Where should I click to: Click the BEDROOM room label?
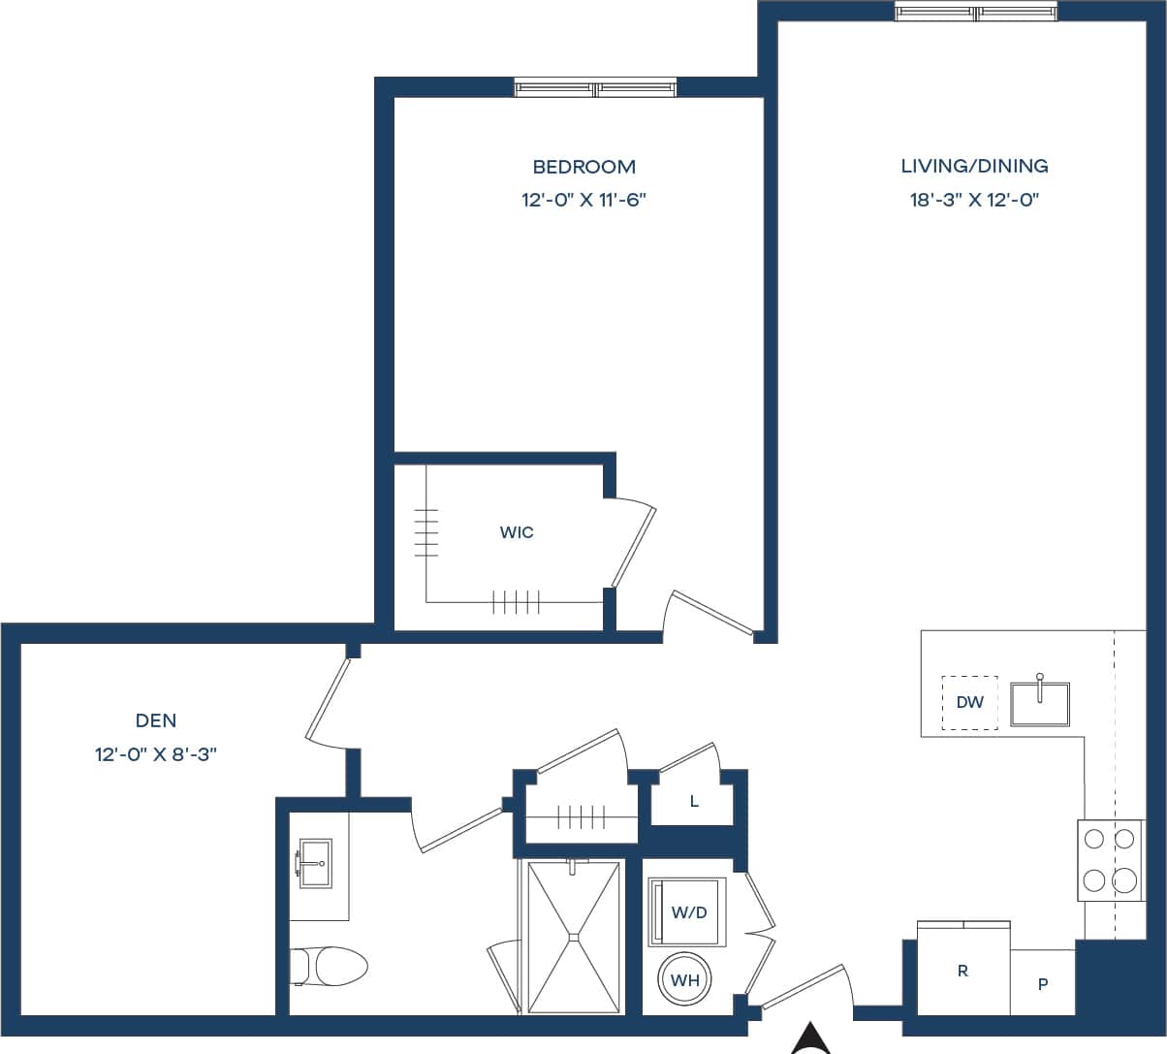[583, 167]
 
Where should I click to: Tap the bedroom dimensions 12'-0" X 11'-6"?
[583, 201]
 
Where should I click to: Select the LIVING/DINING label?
[974, 166]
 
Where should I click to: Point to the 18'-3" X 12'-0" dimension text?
[974, 201]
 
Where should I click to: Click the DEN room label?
[156, 720]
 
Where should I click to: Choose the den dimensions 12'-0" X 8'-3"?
[156, 754]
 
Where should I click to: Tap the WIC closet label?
[517, 532]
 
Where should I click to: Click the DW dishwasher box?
[969, 702]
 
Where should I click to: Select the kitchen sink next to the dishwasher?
[1039, 703]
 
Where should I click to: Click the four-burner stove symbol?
[1110, 859]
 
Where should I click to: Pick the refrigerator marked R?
[962, 971]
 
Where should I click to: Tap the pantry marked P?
[1043, 984]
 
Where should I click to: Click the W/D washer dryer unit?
[688, 911]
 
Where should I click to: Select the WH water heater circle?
[685, 980]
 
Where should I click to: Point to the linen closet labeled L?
[694, 802]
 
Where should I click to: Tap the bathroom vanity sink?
[314, 862]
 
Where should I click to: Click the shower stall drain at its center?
[574, 937]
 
